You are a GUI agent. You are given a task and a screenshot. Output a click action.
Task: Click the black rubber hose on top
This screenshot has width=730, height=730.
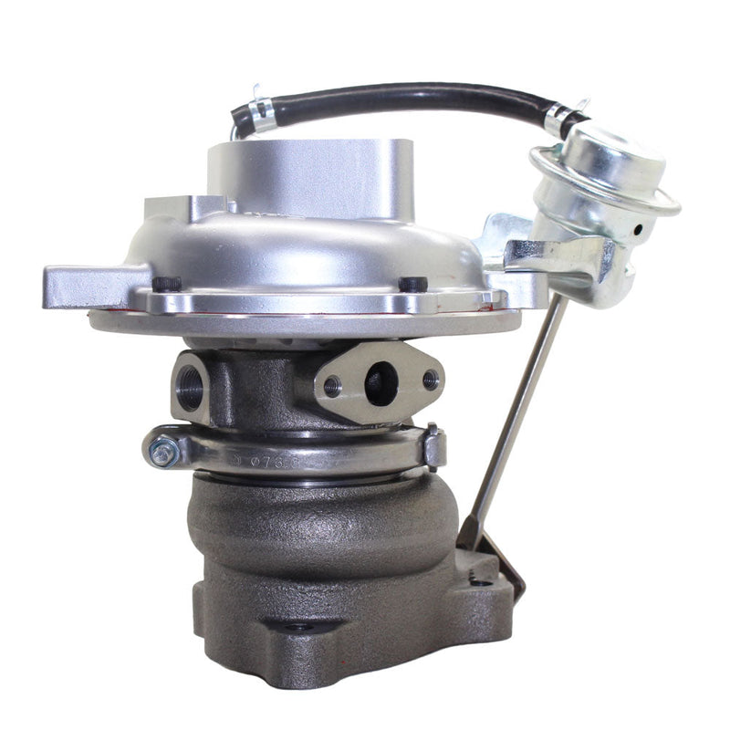coord(392,96)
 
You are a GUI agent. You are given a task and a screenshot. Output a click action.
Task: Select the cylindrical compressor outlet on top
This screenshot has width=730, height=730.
coord(306,178)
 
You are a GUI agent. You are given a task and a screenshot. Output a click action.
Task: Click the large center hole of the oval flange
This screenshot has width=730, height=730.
coord(381,383)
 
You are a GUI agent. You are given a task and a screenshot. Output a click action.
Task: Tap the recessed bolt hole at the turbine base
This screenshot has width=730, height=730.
coord(296,627)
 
